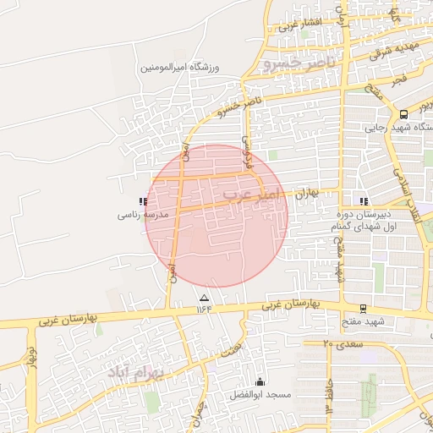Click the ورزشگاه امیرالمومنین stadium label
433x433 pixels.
[x=179, y=66]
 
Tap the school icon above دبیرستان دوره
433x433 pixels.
[x=364, y=202]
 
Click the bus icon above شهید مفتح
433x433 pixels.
[x=363, y=310]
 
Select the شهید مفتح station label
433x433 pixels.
[x=364, y=322]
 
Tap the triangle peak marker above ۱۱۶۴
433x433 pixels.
[x=203, y=298]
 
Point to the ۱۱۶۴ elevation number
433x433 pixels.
[x=204, y=310]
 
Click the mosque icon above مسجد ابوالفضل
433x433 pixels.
[x=260, y=382]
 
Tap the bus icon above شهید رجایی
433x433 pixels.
[x=403, y=114]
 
